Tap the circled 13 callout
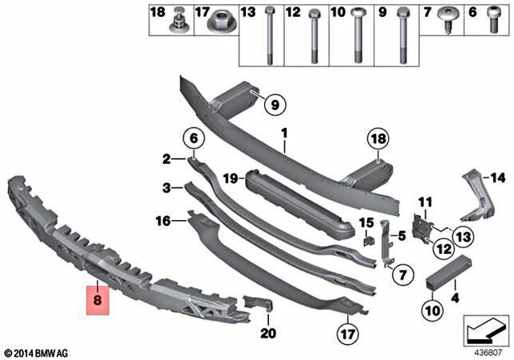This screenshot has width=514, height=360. click(463, 235)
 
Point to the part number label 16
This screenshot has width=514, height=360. click(162, 219)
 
